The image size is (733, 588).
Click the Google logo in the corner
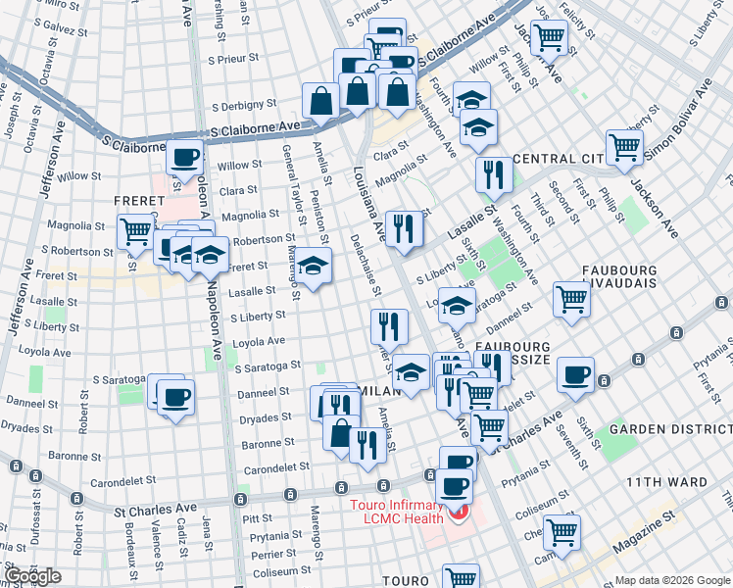(x=32, y=576)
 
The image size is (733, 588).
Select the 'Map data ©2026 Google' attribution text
(x=672, y=580)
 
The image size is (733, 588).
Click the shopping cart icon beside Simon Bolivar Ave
(x=624, y=147)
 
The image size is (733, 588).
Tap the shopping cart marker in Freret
(x=134, y=231)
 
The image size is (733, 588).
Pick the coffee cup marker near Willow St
(x=184, y=156)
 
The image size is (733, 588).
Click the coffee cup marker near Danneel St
(x=176, y=397)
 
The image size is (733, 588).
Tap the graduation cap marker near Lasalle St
(x=314, y=266)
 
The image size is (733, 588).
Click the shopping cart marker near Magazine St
(x=562, y=531)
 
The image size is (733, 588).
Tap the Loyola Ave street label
(x=258, y=343)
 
